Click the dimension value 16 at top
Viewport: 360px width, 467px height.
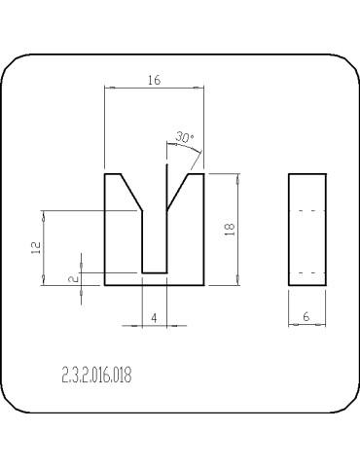pyautogui.click(x=155, y=80)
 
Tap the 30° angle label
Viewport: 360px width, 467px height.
pyautogui.click(x=184, y=137)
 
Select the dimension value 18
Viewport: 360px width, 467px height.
pyautogui.click(x=230, y=230)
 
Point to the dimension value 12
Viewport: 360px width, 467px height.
pyautogui.click(x=36, y=247)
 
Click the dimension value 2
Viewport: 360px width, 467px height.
pyautogui.click(x=75, y=278)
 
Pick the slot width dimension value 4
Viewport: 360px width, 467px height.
pyautogui.click(x=155, y=318)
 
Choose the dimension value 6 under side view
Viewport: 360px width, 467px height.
pyautogui.click(x=306, y=316)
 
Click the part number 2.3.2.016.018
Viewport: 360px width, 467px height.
pyautogui.click(x=96, y=375)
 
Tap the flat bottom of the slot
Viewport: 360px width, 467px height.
pyautogui.click(x=155, y=273)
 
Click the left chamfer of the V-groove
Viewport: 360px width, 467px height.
pyautogui.click(x=131, y=193)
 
